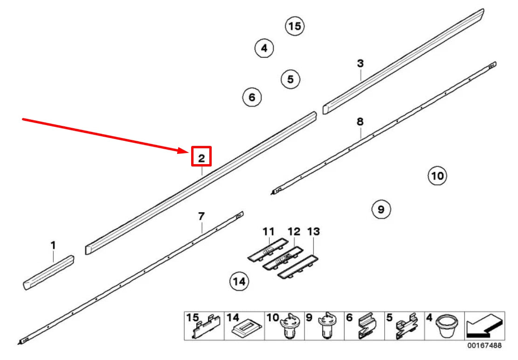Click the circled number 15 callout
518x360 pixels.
point(295,26)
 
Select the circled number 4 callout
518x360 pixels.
point(264,48)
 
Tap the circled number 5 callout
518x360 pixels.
point(290,79)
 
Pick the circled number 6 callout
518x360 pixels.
point(252,97)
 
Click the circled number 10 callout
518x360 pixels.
point(437,176)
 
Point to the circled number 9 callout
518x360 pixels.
point(381,209)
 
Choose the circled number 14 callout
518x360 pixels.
point(239,281)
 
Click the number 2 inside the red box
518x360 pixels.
point(201,158)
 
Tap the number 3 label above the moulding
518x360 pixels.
point(360,63)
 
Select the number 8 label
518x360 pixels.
point(360,122)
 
